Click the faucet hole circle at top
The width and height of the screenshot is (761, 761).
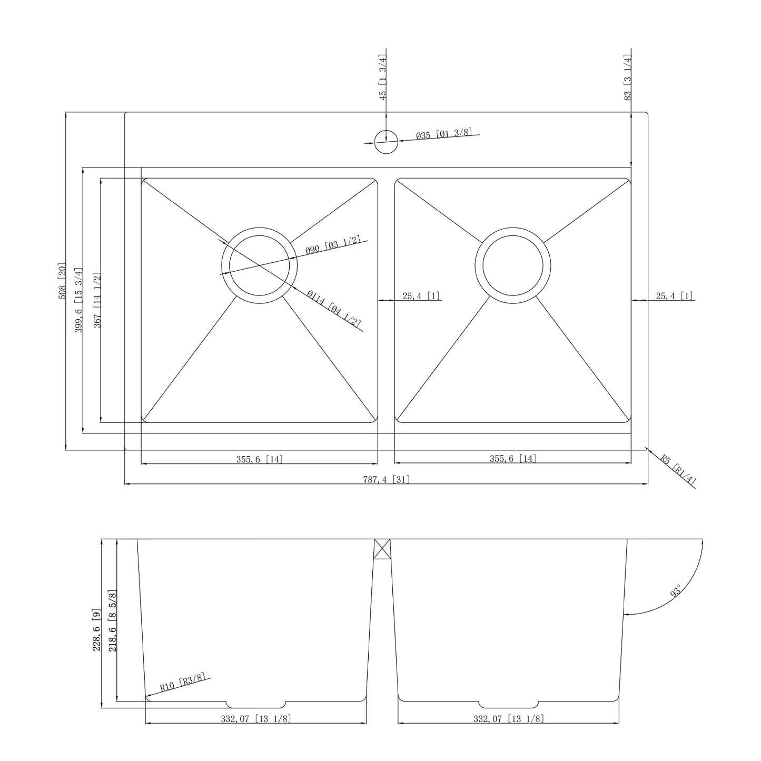[386, 141]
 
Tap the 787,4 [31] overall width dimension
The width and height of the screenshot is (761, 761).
[386, 479]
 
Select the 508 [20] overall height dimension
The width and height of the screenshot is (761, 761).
[62, 281]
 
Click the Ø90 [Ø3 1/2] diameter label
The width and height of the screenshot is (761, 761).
[333, 245]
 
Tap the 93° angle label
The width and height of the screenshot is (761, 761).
[676, 590]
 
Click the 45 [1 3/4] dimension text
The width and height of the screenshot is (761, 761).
[383, 77]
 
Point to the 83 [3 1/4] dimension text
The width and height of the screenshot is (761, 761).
[627, 77]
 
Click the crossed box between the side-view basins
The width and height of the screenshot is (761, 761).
[382, 549]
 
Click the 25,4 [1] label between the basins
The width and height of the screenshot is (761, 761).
[421, 296]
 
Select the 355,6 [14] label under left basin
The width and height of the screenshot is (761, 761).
[259, 459]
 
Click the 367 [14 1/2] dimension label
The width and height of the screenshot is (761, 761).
[97, 300]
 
